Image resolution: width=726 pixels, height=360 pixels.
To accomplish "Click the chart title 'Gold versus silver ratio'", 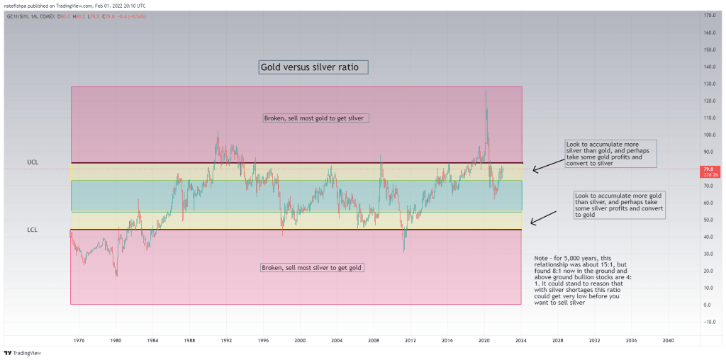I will coord(313,68).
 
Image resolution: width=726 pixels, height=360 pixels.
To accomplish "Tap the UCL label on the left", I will coord(32,162).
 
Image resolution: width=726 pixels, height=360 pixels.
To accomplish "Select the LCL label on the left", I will coord(32,230).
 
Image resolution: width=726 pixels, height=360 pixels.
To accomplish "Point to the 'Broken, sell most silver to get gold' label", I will coord(313,267).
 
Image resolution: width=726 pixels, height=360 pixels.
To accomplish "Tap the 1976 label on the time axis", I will coord(79,340).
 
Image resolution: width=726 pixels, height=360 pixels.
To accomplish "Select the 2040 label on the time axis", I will coord(667,340).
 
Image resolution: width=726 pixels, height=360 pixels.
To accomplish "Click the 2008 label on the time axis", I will coord(373,340).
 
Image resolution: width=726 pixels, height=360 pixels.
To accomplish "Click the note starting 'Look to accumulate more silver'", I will coord(611,154).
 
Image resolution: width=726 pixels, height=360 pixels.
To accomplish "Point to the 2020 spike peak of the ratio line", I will coord(486,90).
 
